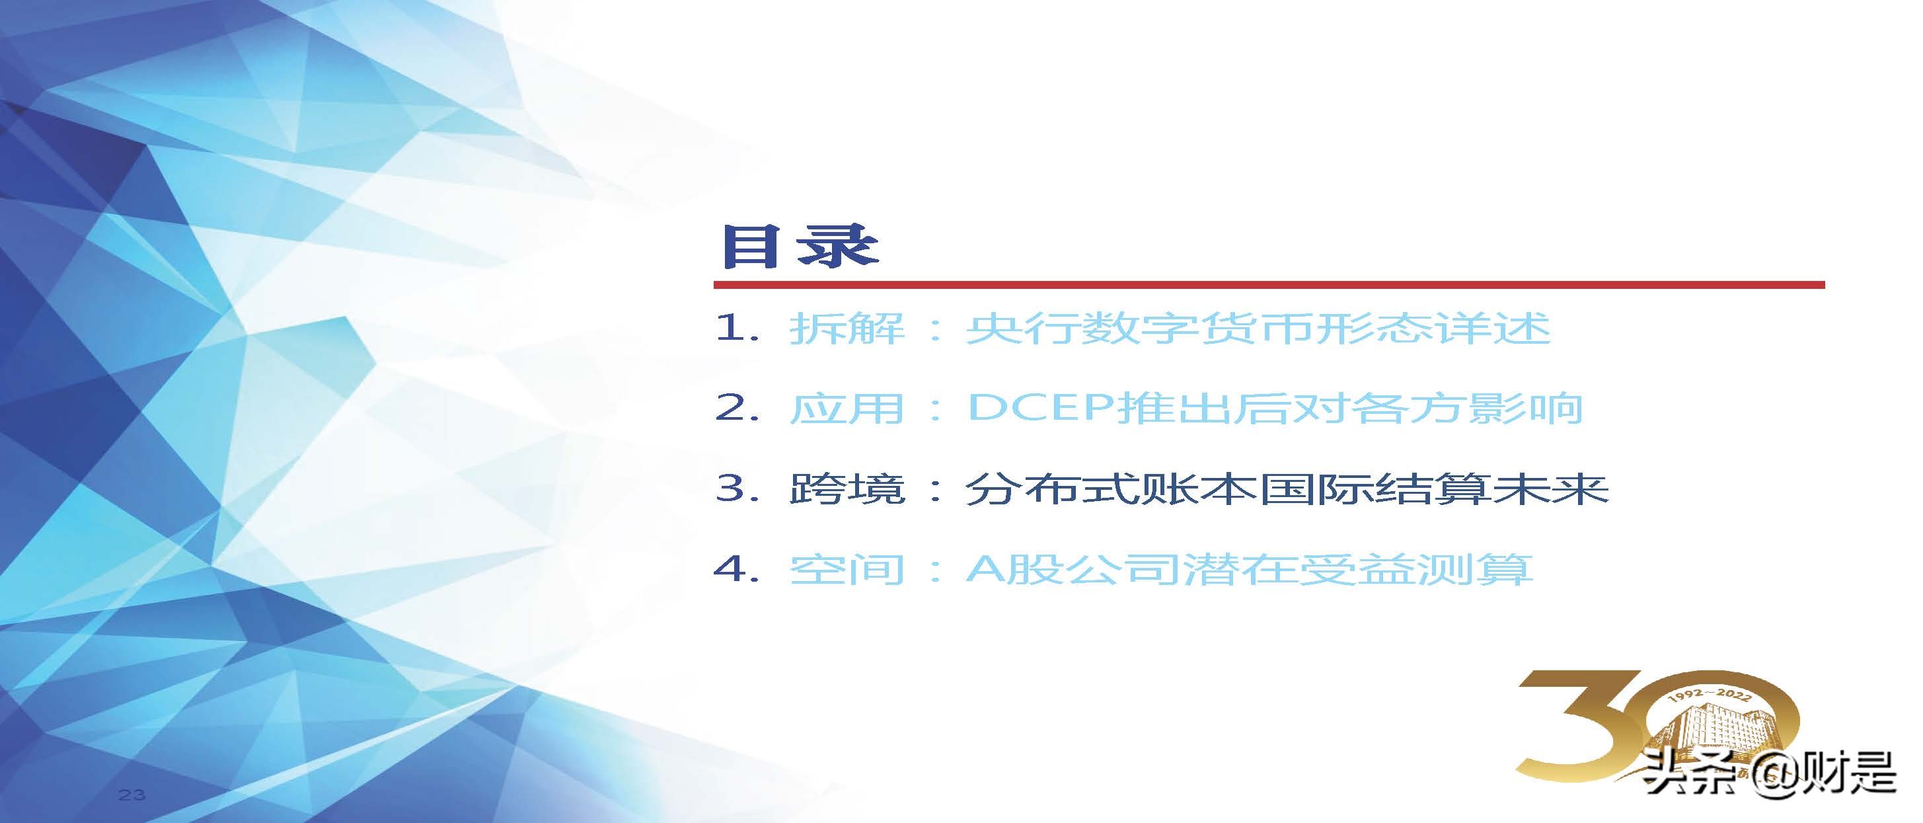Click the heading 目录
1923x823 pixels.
tap(799, 246)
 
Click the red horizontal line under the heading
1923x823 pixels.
tap(1269, 284)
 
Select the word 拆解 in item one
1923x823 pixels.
tap(847, 329)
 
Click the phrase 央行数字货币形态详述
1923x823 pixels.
tap(1257, 329)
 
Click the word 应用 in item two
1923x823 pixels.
tap(847, 409)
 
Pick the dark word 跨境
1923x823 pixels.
tap(847, 489)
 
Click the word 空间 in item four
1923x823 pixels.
tap(847, 570)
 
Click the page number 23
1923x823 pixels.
tap(132, 795)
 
